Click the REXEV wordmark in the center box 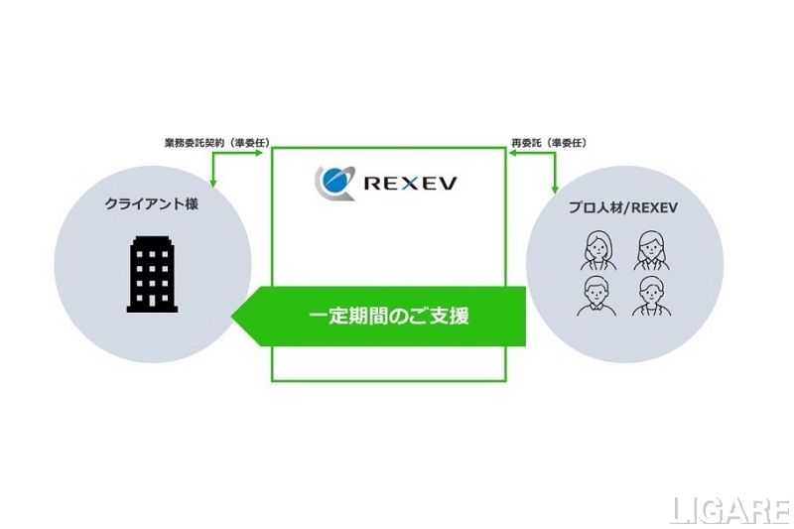(x=410, y=183)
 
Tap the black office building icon (x=153, y=274)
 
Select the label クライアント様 (x=152, y=204)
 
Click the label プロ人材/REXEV (x=623, y=207)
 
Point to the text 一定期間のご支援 (x=389, y=317)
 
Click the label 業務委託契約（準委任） (x=216, y=143)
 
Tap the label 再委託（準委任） (x=550, y=143)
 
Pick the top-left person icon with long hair (x=598, y=250)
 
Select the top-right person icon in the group (x=651, y=250)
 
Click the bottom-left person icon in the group (x=597, y=296)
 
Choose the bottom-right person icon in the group (x=652, y=296)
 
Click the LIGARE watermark (x=730, y=511)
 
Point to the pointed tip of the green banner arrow (x=232, y=317)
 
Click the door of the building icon (x=152, y=301)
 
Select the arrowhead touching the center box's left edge (x=259, y=153)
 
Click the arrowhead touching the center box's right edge (x=512, y=153)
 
